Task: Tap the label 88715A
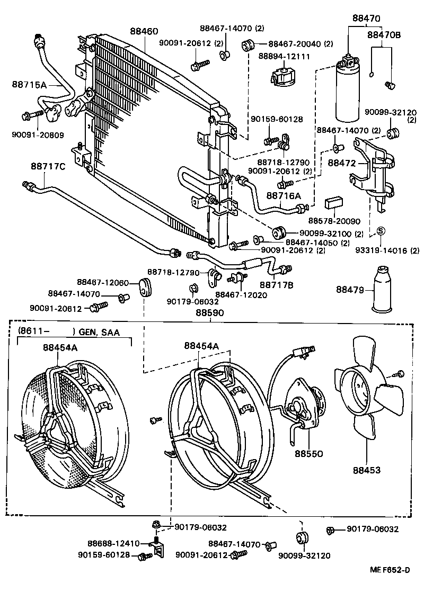click(x=29, y=84)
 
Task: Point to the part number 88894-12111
click(x=284, y=56)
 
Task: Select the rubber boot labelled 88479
click(x=383, y=290)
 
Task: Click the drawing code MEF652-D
click(x=390, y=570)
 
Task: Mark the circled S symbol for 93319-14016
click(x=380, y=230)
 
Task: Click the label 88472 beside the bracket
click(x=342, y=163)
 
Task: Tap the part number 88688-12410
click(x=113, y=543)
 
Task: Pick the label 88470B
click(x=384, y=35)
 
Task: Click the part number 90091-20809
click(x=39, y=135)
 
